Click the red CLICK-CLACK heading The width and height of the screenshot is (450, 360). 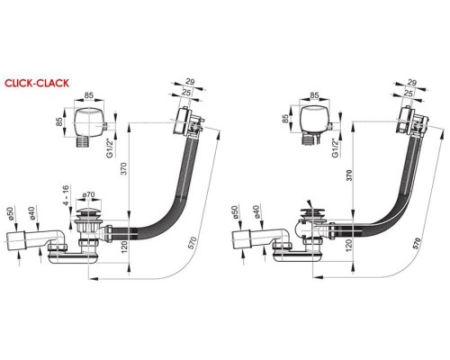pos(37,83)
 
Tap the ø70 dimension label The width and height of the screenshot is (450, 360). pos(88,194)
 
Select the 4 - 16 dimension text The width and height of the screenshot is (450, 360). pos(66,195)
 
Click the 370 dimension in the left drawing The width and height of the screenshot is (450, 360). pos(124,169)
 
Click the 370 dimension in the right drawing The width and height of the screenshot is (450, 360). pos(349,175)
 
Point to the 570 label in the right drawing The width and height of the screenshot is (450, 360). pos(417,244)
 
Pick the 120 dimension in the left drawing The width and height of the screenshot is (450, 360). pos(124,246)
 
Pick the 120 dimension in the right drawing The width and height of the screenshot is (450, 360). pos(349,246)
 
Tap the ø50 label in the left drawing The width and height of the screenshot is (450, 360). pos(12,213)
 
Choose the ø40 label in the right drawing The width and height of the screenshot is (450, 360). pos(256,212)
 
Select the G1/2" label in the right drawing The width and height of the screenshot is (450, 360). pos(336,148)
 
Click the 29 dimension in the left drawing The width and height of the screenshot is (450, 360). pos(190,82)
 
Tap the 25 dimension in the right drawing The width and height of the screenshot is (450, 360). pos(409,93)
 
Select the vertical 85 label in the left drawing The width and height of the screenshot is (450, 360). pos(59,121)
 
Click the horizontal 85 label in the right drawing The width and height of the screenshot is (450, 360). pos(314,95)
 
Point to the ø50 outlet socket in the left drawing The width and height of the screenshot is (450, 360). pos(15,240)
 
